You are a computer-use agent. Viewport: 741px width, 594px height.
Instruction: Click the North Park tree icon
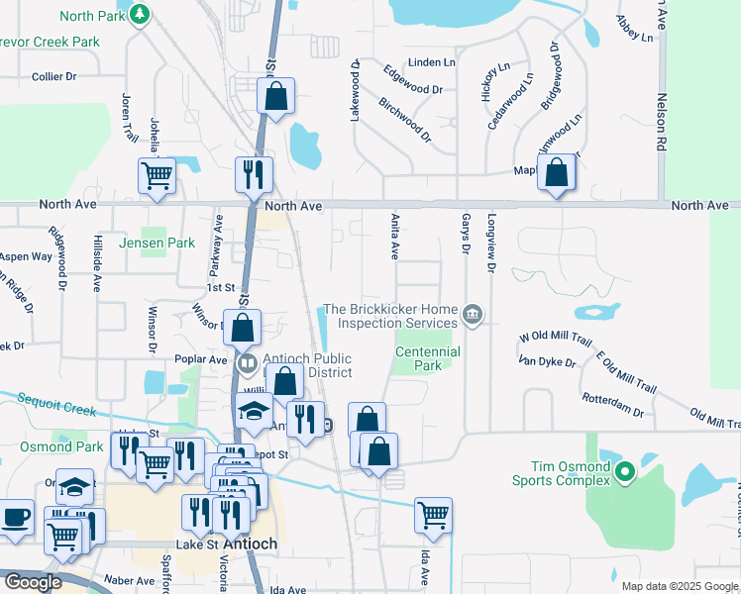tap(140, 15)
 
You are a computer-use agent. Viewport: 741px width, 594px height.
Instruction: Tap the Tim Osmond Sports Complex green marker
tap(624, 472)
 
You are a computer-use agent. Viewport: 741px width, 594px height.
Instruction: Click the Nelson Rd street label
tap(659, 124)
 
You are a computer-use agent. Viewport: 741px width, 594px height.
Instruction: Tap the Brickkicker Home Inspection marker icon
tap(473, 316)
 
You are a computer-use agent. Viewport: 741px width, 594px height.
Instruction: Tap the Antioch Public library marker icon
tap(248, 363)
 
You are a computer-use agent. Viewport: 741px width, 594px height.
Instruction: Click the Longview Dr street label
tap(490, 244)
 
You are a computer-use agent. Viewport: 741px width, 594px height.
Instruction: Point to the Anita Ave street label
tap(393, 239)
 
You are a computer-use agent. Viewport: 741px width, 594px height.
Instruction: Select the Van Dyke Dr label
tap(548, 361)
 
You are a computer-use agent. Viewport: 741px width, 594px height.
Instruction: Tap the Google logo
tap(32, 582)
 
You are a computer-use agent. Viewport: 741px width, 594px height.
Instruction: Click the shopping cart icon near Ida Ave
tap(433, 514)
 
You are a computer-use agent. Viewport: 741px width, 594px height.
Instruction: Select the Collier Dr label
tap(53, 76)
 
